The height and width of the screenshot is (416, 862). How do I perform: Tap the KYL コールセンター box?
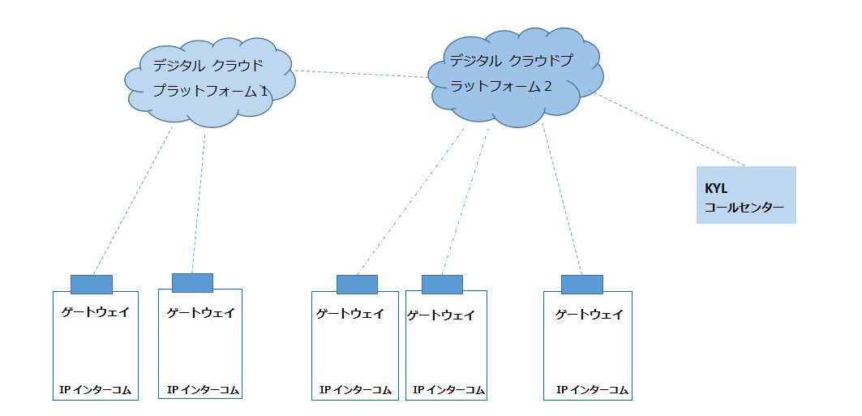[x=745, y=195]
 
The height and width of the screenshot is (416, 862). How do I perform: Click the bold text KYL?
[x=717, y=187]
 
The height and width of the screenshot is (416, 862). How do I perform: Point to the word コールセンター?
[x=744, y=208]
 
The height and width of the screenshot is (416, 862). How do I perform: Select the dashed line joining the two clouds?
[x=361, y=75]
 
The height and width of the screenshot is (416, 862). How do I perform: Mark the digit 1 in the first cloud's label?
[x=264, y=92]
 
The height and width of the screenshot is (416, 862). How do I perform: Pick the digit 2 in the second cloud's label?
[x=548, y=86]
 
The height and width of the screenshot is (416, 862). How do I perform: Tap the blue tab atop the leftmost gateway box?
[x=91, y=284]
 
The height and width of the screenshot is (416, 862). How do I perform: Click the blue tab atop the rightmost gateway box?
[x=581, y=284]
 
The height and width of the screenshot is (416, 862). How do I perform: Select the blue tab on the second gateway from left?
[x=192, y=282]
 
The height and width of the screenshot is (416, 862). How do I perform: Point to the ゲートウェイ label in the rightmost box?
[x=589, y=314]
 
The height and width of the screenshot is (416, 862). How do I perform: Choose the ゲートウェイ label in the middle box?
[x=350, y=314]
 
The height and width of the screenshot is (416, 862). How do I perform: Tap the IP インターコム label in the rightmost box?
[x=593, y=390]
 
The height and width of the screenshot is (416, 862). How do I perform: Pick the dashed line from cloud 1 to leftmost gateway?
[x=134, y=199]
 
